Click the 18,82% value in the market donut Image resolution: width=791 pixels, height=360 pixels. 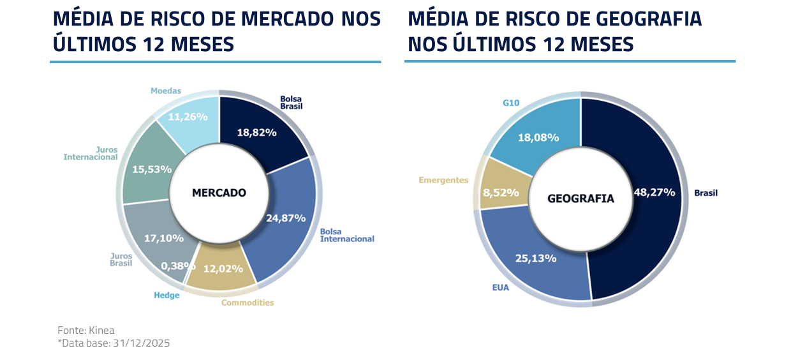click(256, 133)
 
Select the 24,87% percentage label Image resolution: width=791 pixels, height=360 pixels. click(286, 218)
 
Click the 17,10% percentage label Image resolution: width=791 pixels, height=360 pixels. click(164, 238)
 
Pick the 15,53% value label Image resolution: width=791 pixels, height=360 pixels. click(152, 169)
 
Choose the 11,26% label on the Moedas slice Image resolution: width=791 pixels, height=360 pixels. click(188, 117)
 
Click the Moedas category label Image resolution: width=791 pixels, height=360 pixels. click(166, 91)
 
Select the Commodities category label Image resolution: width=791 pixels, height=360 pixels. click(248, 303)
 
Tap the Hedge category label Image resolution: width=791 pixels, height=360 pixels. click(166, 296)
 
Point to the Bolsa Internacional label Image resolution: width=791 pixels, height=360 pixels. click(346, 235)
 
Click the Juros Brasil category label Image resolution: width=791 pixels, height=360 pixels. click(121, 259)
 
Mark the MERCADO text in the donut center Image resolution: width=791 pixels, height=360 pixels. click(219, 192)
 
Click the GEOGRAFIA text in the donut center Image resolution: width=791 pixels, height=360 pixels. click(580, 199)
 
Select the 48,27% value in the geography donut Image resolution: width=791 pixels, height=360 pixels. click(654, 192)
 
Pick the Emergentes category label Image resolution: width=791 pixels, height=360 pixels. click(443, 180)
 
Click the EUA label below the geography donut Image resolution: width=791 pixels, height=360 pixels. click(500, 288)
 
